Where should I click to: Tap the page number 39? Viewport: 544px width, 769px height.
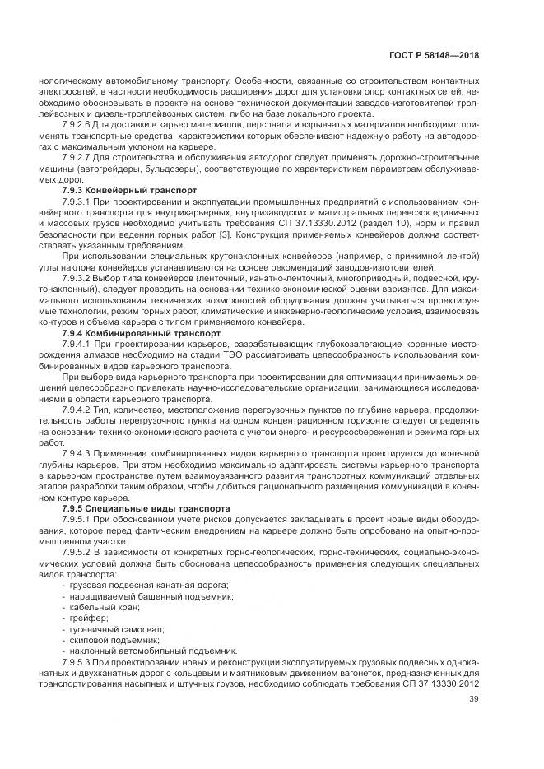[x=473, y=700]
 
